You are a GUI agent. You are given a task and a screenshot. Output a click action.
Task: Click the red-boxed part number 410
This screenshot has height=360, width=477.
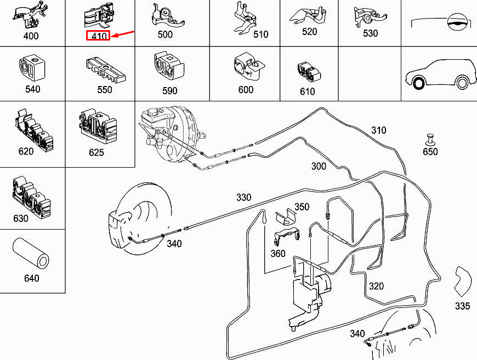click(x=99, y=36)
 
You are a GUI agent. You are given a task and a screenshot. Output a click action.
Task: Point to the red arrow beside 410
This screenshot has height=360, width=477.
click(x=123, y=35)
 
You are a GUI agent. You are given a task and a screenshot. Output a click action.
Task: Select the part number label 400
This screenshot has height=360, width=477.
click(x=31, y=37)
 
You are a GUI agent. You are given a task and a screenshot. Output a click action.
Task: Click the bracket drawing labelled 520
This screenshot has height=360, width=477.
click(x=309, y=15)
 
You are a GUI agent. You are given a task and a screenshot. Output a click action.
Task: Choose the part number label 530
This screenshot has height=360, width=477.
click(x=370, y=33)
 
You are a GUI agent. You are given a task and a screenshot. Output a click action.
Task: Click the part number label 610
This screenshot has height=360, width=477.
click(x=308, y=92)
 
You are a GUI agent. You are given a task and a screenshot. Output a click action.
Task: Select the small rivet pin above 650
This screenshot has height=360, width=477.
click(x=430, y=138)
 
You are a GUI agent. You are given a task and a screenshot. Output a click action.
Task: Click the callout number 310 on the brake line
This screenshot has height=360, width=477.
click(x=378, y=130)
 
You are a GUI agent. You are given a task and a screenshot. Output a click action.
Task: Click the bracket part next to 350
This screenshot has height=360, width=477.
click(x=284, y=216)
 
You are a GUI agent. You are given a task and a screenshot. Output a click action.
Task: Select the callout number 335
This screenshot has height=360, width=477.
click(x=463, y=306)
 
